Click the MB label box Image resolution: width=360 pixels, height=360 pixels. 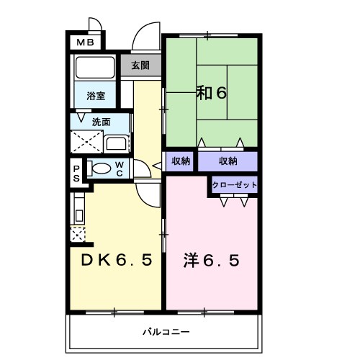pos(86,42)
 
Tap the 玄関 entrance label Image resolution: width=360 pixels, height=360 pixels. pos(140,66)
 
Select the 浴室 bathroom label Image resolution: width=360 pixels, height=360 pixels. pos(96,95)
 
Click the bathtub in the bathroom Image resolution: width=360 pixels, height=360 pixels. pos(95,69)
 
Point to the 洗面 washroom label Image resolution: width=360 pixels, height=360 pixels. pos(100,122)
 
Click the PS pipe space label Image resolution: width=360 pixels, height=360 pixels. pos(76,172)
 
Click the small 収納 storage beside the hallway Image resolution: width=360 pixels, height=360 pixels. pos(180,161)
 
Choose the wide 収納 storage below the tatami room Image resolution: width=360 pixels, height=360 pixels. pos(228,161)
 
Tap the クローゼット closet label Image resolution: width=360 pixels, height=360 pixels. pos(234,186)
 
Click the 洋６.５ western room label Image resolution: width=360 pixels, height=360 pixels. pos(211,259)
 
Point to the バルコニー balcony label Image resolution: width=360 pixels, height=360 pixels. pos(165,333)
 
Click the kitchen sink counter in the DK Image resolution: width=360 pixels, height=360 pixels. pos(79,209)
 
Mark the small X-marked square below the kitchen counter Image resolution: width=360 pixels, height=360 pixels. pos(78,233)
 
